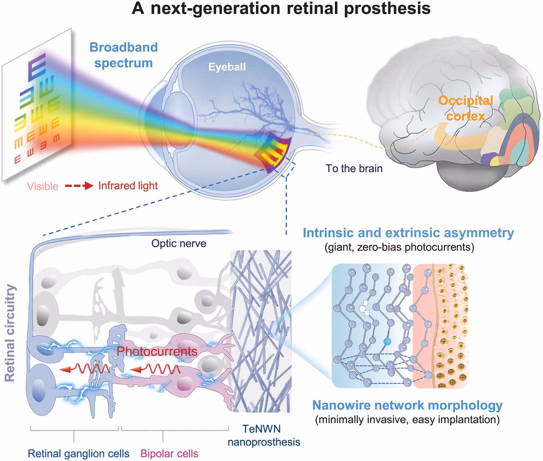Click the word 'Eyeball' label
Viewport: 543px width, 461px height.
(x=227, y=67)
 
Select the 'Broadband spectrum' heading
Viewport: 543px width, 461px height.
(x=123, y=55)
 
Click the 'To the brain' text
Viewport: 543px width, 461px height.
(x=354, y=169)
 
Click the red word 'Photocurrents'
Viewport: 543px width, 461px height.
(x=157, y=351)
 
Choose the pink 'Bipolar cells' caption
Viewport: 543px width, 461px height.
(x=169, y=453)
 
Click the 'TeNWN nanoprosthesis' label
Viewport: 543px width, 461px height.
(x=264, y=435)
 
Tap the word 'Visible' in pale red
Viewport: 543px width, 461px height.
(x=43, y=186)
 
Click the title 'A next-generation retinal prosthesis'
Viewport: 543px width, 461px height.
(x=281, y=9)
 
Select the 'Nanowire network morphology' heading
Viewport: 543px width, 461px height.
(x=408, y=405)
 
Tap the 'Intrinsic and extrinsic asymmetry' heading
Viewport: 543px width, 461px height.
(x=408, y=233)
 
